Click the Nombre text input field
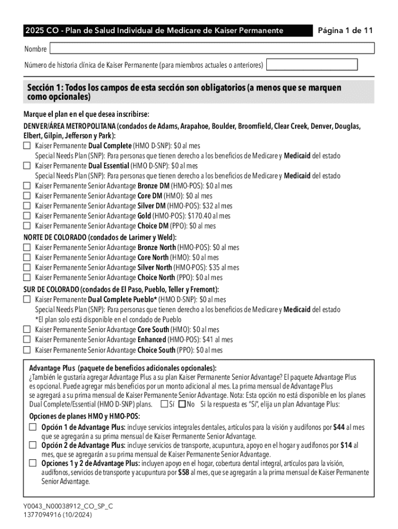tap(211, 49)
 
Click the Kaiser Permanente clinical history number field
tap(312, 65)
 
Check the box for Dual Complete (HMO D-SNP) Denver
tap(27, 146)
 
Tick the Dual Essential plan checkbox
tap(27, 166)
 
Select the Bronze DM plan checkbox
tap(27, 186)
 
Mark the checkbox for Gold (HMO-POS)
tap(27, 216)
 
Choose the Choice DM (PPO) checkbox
tap(27, 226)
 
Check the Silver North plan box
tap(27, 268)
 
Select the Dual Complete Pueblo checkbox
tap(27, 299)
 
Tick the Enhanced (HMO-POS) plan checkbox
tap(27, 339)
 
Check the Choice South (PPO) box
tap(27, 350)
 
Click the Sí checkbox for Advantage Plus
tap(164, 404)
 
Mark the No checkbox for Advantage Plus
tap(181, 404)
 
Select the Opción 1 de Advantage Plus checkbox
tap(33, 427)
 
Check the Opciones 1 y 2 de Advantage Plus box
tap(33, 463)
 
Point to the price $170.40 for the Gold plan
tap(203, 216)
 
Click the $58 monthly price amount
tap(183, 473)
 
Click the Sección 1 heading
tap(184, 92)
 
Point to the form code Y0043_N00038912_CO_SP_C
tap(68, 506)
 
